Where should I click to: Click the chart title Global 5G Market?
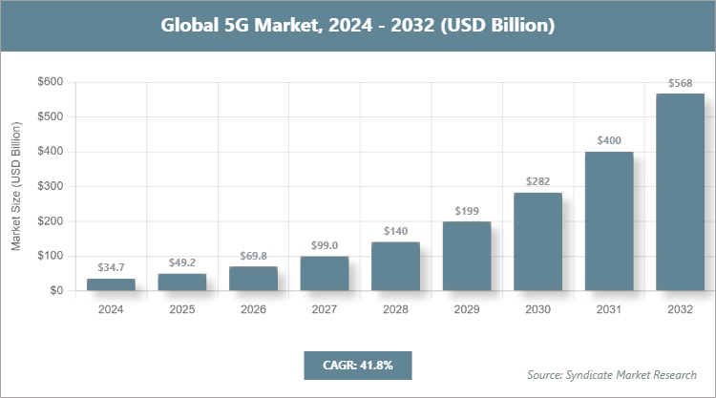(x=357, y=25)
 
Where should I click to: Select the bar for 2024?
(x=111, y=284)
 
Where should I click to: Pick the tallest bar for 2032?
(x=680, y=192)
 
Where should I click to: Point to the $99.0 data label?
(x=325, y=246)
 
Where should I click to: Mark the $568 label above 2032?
(x=680, y=84)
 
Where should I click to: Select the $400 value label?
(x=609, y=141)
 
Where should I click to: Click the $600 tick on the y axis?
(x=50, y=82)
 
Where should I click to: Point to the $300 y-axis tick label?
(x=50, y=186)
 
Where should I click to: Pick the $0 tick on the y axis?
(x=56, y=290)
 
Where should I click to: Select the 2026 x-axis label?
(x=253, y=309)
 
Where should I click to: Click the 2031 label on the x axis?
(x=609, y=309)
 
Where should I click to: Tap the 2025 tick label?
(x=181, y=309)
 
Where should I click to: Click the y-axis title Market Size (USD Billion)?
(x=16, y=186)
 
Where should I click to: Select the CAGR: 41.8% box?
(x=357, y=365)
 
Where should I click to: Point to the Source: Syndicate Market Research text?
(x=612, y=374)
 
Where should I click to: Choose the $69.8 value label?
(x=253, y=257)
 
